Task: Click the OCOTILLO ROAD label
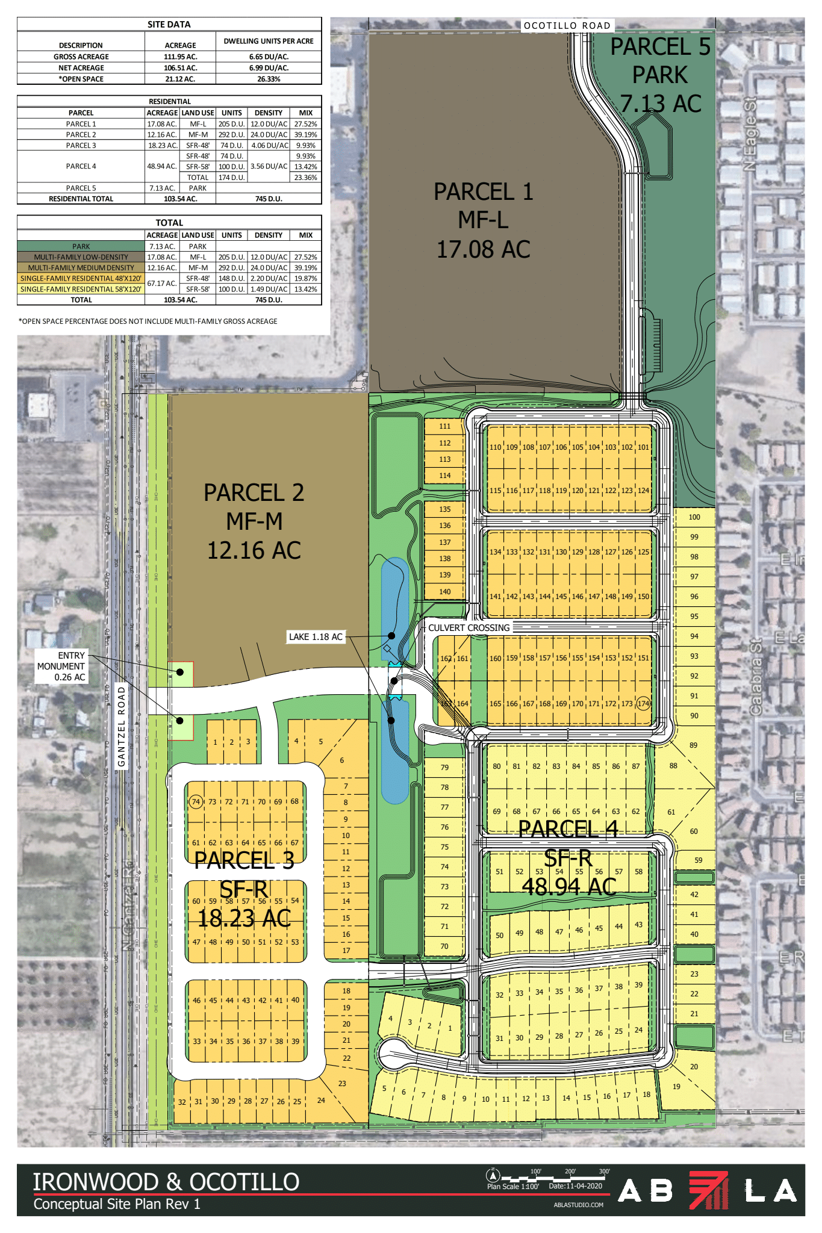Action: pyautogui.click(x=567, y=25)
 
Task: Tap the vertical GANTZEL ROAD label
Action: pyautogui.click(x=122, y=727)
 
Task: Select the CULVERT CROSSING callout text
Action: pyautogui.click(x=469, y=627)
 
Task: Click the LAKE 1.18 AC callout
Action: pyautogui.click(x=316, y=636)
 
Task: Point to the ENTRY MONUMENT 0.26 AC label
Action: pyautogui.click(x=61, y=666)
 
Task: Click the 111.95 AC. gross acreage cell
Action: pyautogui.click(x=180, y=57)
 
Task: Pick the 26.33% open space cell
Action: pyautogui.click(x=269, y=79)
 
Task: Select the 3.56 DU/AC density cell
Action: pyautogui.click(x=269, y=166)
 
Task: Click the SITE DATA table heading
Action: pyautogui.click(x=169, y=25)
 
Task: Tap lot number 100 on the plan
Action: pyautogui.click(x=694, y=517)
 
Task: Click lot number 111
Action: pyautogui.click(x=444, y=426)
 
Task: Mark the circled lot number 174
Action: pyautogui.click(x=644, y=703)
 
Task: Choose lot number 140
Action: pyautogui.click(x=444, y=591)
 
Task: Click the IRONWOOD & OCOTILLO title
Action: pyautogui.click(x=166, y=1182)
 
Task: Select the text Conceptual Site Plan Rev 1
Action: pyautogui.click(x=117, y=1203)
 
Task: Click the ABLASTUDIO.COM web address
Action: pyautogui.click(x=578, y=1205)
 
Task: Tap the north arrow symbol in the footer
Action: pyautogui.click(x=493, y=1176)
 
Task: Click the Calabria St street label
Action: pyautogui.click(x=756, y=677)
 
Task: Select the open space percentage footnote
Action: pyautogui.click(x=148, y=321)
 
